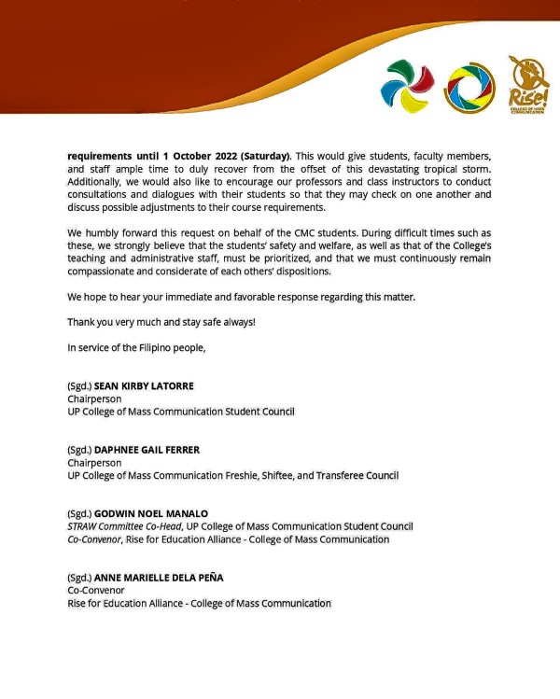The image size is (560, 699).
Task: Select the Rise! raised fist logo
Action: [x=528, y=83]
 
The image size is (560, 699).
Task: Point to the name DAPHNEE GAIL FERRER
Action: [x=147, y=449]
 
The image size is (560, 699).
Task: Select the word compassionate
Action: [x=107, y=271]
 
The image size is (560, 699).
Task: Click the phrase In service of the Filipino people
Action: [x=135, y=347]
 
